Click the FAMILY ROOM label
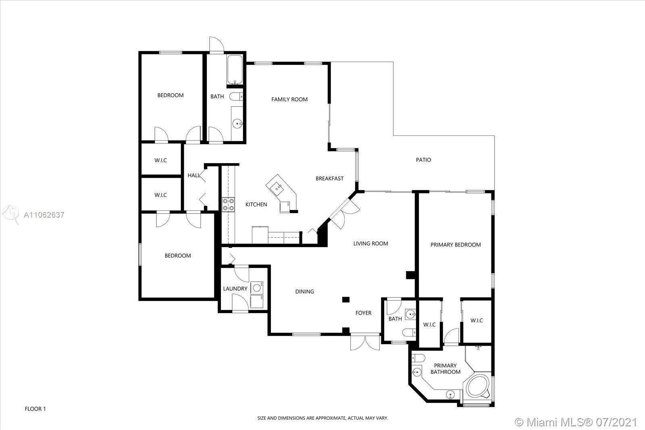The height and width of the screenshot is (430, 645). pyautogui.click(x=289, y=99)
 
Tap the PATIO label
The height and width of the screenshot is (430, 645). pyautogui.click(x=423, y=160)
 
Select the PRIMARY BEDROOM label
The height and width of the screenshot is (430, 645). pyautogui.click(x=456, y=245)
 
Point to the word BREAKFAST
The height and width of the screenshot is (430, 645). pyautogui.click(x=329, y=179)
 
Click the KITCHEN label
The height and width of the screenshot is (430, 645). pyautogui.click(x=256, y=204)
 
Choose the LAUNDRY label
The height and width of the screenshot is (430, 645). pyautogui.click(x=235, y=289)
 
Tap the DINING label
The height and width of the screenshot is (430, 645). pyautogui.click(x=305, y=291)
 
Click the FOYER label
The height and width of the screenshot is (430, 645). pyautogui.click(x=363, y=313)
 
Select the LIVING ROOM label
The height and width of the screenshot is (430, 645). pyautogui.click(x=370, y=243)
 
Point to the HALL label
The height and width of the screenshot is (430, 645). pyautogui.click(x=194, y=175)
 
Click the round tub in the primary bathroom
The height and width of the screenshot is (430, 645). pyautogui.click(x=478, y=386)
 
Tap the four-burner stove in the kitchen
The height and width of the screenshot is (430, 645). pyautogui.click(x=228, y=204)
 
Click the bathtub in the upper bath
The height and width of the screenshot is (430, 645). pyautogui.click(x=235, y=69)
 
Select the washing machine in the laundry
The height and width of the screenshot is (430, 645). pyautogui.click(x=257, y=287)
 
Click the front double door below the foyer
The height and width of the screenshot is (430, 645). pyautogui.click(x=365, y=342)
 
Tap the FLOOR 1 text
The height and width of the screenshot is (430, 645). pyautogui.click(x=35, y=409)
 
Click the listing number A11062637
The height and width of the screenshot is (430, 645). pyautogui.click(x=44, y=215)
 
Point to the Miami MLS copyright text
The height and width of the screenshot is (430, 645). pyautogui.click(x=575, y=422)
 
